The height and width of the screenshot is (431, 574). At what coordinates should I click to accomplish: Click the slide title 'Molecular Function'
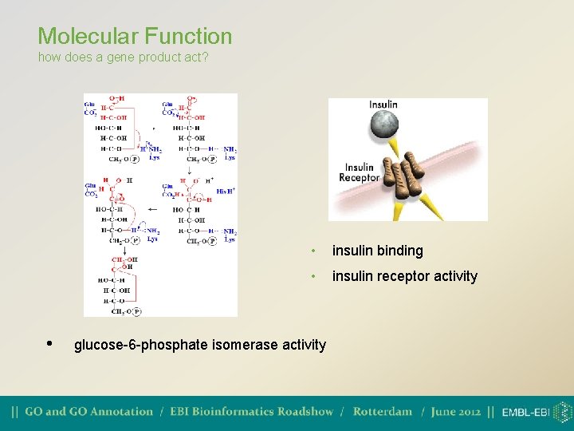pos(135,36)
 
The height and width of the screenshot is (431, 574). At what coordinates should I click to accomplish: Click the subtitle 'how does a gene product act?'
pos(123,57)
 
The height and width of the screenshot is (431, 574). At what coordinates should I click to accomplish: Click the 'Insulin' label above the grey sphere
pos(383,105)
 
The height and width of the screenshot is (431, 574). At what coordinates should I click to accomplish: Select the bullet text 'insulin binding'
pos(377,251)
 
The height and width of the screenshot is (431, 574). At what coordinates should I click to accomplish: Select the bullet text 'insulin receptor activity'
pos(404,276)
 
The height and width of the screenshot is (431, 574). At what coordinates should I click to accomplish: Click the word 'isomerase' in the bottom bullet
pos(228,345)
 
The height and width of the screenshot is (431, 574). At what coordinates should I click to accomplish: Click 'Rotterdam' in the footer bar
pos(383,412)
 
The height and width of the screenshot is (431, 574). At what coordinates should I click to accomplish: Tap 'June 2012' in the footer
pos(456,412)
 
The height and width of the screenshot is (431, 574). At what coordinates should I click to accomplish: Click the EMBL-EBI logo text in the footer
pos(525,413)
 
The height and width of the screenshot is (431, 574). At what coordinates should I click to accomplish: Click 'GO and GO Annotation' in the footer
pos(88,412)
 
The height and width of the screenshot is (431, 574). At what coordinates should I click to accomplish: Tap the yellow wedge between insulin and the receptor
pos(394,148)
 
